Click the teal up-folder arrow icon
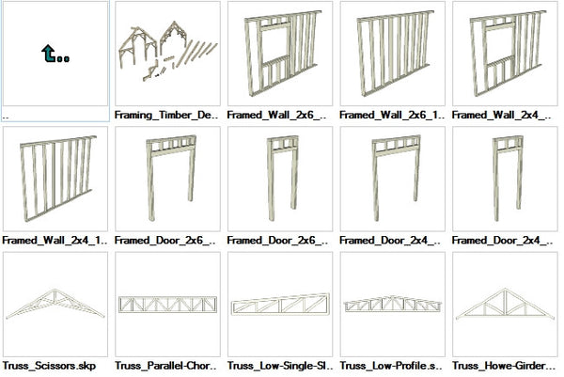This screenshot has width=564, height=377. pyautogui.click(x=55, y=54)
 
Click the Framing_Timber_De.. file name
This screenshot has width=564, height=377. pyautogui.click(x=166, y=115)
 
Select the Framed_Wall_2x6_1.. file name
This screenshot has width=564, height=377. pyautogui.click(x=392, y=115)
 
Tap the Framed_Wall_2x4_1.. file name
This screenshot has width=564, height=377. pyautogui.click(x=55, y=241)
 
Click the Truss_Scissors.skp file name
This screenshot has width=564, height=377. pyautogui.click(x=49, y=366)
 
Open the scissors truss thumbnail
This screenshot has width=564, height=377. pyautogui.click(x=55, y=304)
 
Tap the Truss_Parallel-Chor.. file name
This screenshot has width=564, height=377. pyautogui.click(x=165, y=366)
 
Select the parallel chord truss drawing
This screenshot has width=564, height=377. pyautogui.click(x=167, y=305)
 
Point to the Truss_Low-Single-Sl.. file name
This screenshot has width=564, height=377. pyautogui.click(x=280, y=366)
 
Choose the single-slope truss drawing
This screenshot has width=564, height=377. pyautogui.click(x=280, y=304)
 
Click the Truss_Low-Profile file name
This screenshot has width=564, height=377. pyautogui.click(x=391, y=366)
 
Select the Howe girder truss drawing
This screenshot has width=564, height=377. pyautogui.click(x=505, y=304)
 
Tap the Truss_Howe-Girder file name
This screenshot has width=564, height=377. pyautogui.click(x=504, y=366)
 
